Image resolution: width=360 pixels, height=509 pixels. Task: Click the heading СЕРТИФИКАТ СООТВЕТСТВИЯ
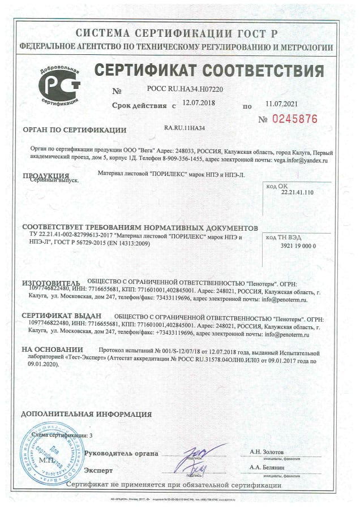pyautogui.click(x=209, y=71)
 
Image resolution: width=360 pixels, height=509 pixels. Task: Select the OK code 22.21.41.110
pyautogui.click(x=297, y=192)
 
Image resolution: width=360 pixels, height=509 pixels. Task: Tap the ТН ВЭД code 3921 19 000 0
pyautogui.click(x=298, y=247)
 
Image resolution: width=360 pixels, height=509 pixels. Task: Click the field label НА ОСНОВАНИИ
pyautogui.click(x=52, y=351)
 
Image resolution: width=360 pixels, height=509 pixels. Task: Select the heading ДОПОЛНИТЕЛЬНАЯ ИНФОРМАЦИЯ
pyautogui.click(x=81, y=415)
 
